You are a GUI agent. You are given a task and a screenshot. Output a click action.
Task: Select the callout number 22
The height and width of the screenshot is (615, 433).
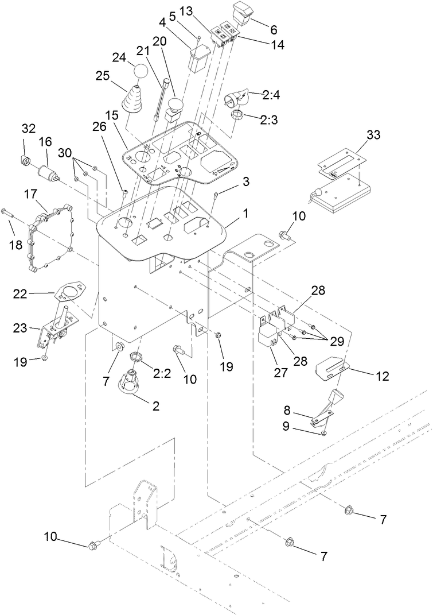click(21, 294)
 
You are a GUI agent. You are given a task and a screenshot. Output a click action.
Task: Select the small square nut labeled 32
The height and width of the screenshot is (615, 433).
click(26, 158)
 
